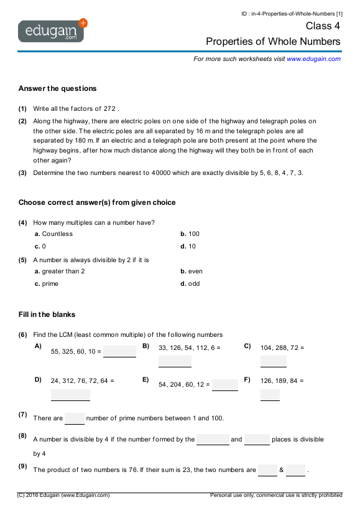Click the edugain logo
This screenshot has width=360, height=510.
[x=52, y=31]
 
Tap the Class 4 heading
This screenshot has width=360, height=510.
[x=323, y=26]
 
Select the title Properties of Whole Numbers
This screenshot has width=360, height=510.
[x=274, y=42]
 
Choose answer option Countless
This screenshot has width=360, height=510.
[x=57, y=234]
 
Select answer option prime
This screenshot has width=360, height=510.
[x=50, y=284]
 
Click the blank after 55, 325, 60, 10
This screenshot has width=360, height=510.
[x=120, y=351]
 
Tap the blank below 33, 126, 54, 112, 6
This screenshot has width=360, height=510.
[x=175, y=362]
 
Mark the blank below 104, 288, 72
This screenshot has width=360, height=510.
[x=274, y=362]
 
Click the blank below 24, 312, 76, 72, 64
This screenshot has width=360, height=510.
[x=70, y=395]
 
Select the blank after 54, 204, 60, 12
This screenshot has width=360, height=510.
[x=225, y=385]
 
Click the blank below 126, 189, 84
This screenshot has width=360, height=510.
[x=270, y=395]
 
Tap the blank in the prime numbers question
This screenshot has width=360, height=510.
[x=75, y=418]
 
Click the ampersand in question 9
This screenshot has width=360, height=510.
[x=282, y=470]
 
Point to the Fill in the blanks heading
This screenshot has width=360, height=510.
[x=47, y=314]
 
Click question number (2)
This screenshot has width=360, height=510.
[x=22, y=121]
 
